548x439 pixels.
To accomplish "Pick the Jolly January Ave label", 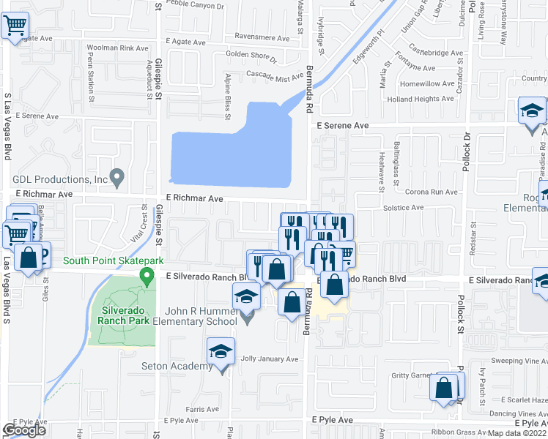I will [x=270, y=359].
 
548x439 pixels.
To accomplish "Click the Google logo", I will [x=24, y=430].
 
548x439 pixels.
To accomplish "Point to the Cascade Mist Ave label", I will [x=274, y=76].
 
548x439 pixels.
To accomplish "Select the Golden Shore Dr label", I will [x=251, y=58].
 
